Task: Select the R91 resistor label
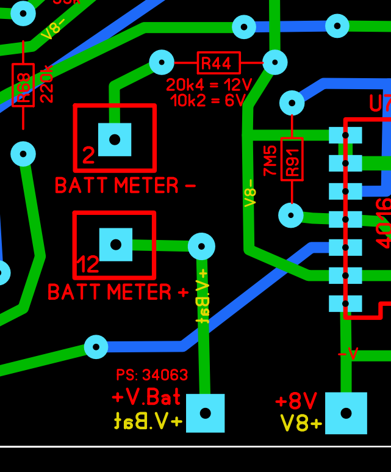tap(292, 159)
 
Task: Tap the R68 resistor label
tap(23, 85)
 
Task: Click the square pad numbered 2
tap(115, 139)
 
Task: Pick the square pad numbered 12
tap(115, 244)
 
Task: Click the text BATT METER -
tap(125, 185)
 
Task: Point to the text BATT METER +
tap(118, 292)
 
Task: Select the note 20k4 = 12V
tap(209, 85)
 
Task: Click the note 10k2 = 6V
tap(209, 100)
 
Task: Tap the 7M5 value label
tap(270, 160)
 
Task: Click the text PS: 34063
tap(152, 375)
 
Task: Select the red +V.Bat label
tap(147, 398)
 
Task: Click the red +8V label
tap(296, 401)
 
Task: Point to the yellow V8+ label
tap(301, 423)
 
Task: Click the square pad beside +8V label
tap(346, 413)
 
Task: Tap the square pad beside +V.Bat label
tap(205, 413)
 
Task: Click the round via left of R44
tap(162, 62)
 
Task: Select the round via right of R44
tap(274, 62)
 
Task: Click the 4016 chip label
tap(383, 223)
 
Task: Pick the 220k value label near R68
tap(47, 84)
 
